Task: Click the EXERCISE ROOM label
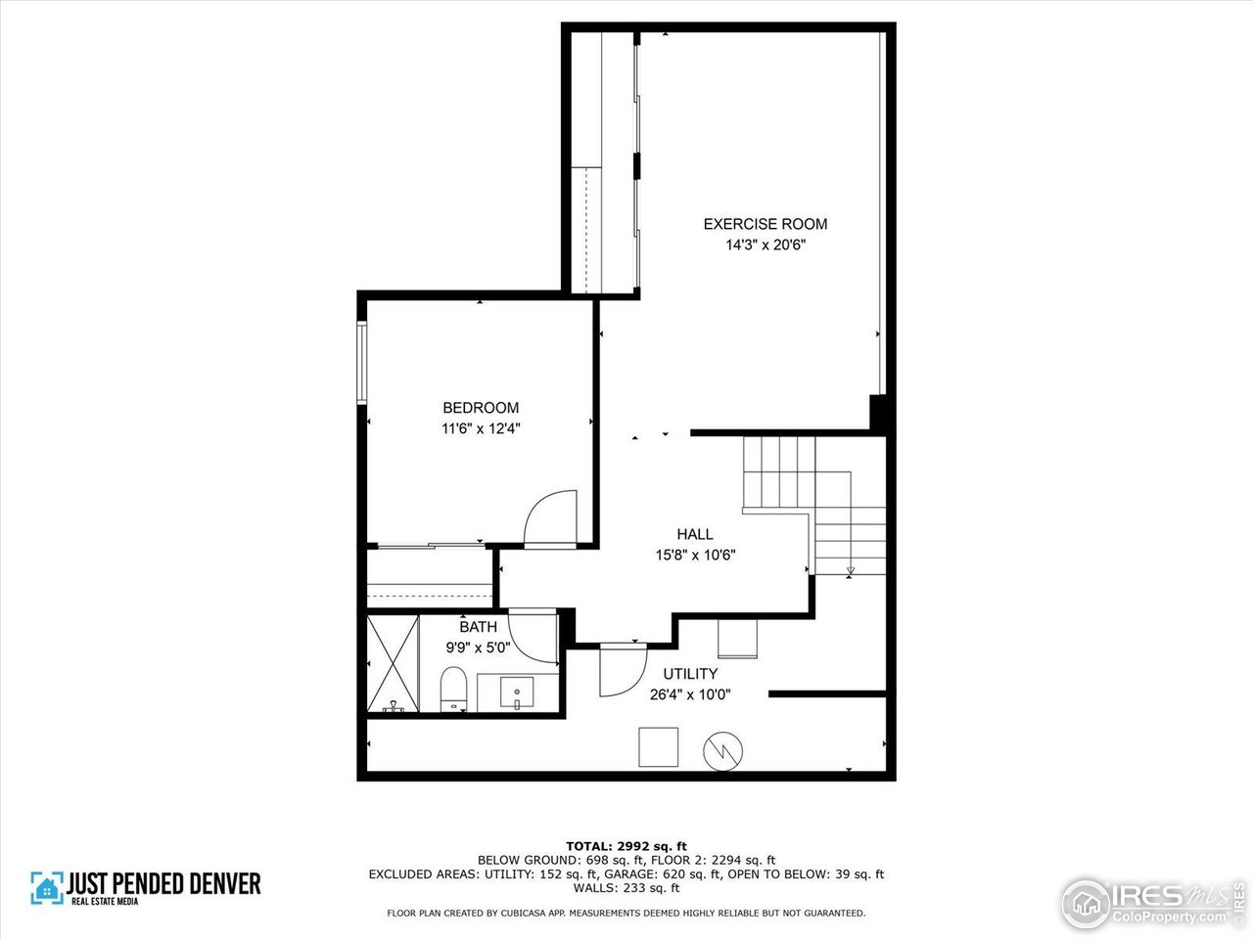click(x=765, y=224)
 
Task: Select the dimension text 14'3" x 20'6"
click(x=765, y=246)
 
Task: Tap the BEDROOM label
click(x=481, y=408)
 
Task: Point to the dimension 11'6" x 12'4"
click(x=481, y=428)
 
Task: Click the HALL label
click(x=694, y=534)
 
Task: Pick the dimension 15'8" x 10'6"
click(x=694, y=555)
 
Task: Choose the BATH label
click(x=478, y=627)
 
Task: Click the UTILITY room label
click(x=690, y=674)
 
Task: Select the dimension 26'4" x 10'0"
click(x=690, y=694)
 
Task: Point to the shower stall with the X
click(x=393, y=662)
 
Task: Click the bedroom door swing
click(x=548, y=516)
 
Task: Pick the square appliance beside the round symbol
click(x=658, y=747)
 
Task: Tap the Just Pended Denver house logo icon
click(x=46, y=887)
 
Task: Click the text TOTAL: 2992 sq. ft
click(x=626, y=845)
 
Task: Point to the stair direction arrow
click(x=849, y=571)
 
